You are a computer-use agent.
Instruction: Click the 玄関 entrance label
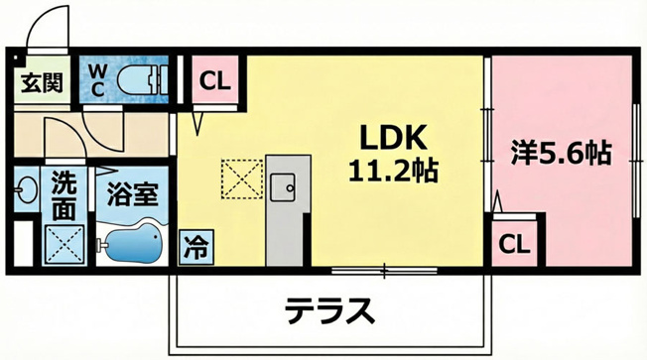(42, 83)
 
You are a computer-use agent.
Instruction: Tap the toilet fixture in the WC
(143, 79)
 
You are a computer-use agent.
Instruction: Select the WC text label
(97, 80)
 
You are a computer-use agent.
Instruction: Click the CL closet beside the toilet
(214, 81)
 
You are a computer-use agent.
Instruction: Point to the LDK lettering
(393, 138)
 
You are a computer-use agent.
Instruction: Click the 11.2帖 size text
(393, 171)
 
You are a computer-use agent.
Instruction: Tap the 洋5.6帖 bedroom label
(562, 153)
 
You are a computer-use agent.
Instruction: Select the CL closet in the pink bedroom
(514, 243)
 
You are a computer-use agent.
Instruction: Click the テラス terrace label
(330, 311)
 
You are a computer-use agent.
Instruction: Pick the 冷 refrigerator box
(196, 247)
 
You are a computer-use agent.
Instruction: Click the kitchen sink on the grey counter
(282, 187)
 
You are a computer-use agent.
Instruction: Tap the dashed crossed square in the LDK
(242, 179)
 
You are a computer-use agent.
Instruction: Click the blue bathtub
(133, 243)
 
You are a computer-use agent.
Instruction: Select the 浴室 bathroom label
(132, 193)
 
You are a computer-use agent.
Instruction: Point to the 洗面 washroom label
(64, 196)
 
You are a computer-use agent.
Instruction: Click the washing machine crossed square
(65, 244)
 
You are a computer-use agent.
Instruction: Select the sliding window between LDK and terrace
(384, 271)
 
